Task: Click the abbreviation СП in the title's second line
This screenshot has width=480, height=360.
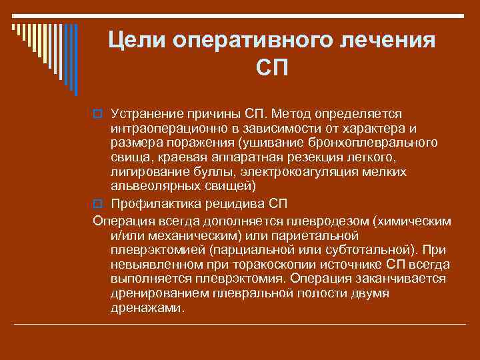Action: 273,69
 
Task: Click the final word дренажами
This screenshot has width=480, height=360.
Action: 146,309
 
